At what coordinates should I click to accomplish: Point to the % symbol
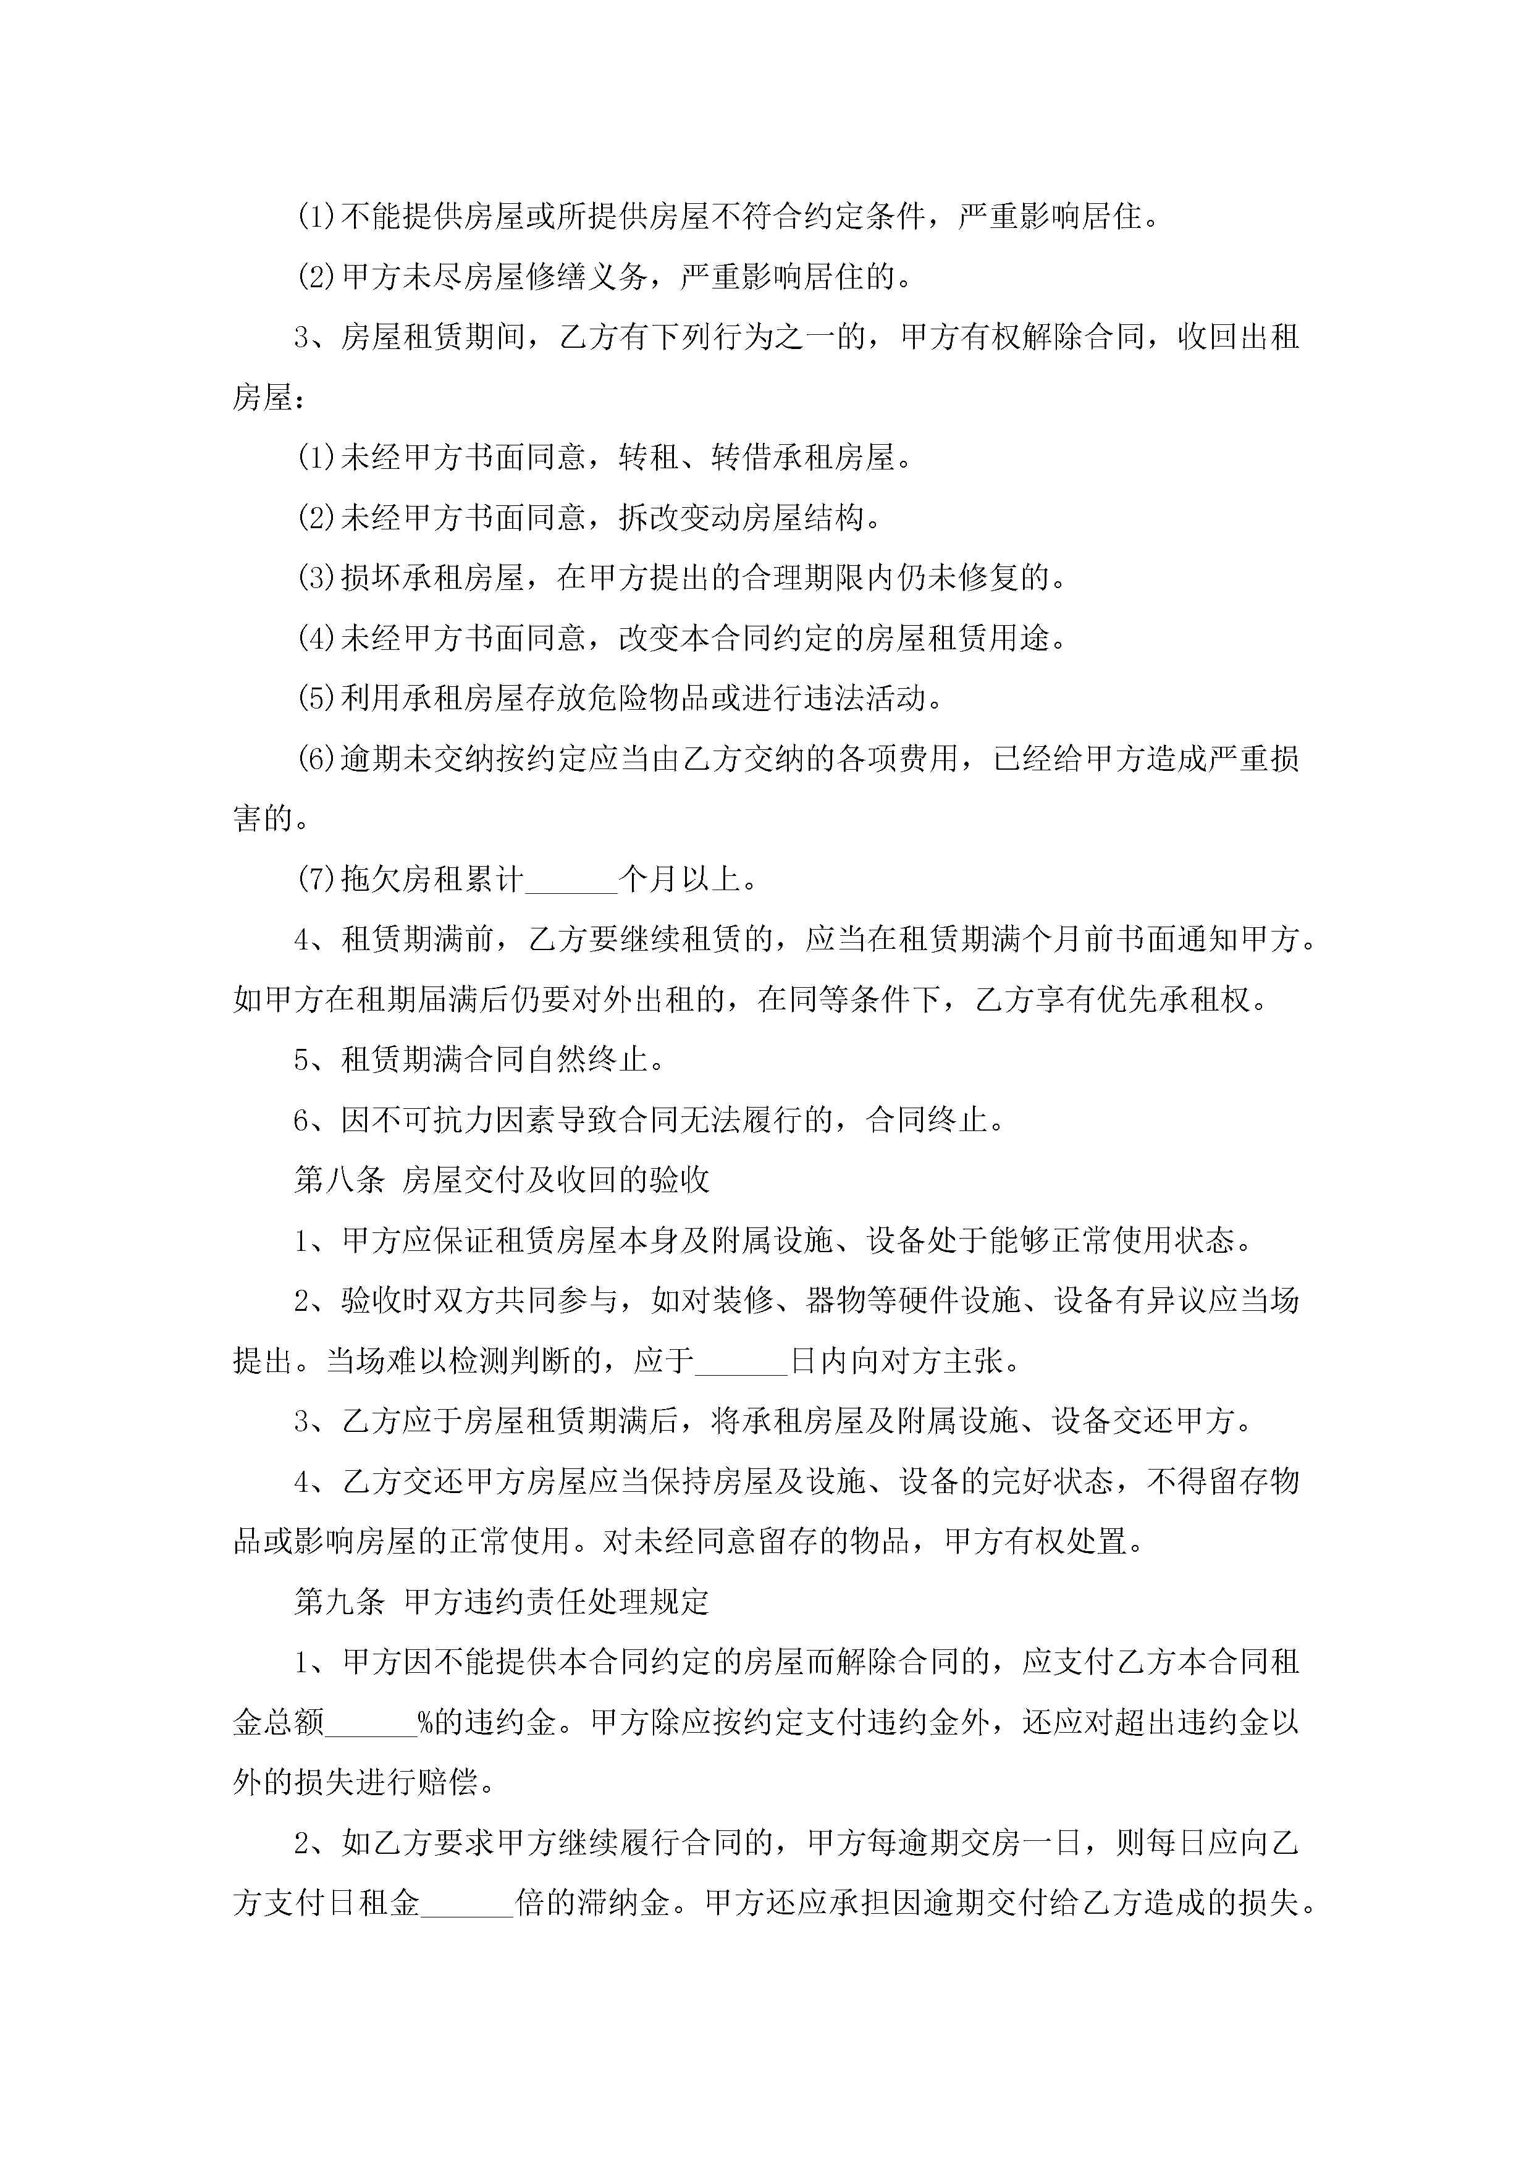point(426,1722)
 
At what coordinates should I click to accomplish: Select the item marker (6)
point(316,759)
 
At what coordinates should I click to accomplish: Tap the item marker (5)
point(316,699)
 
